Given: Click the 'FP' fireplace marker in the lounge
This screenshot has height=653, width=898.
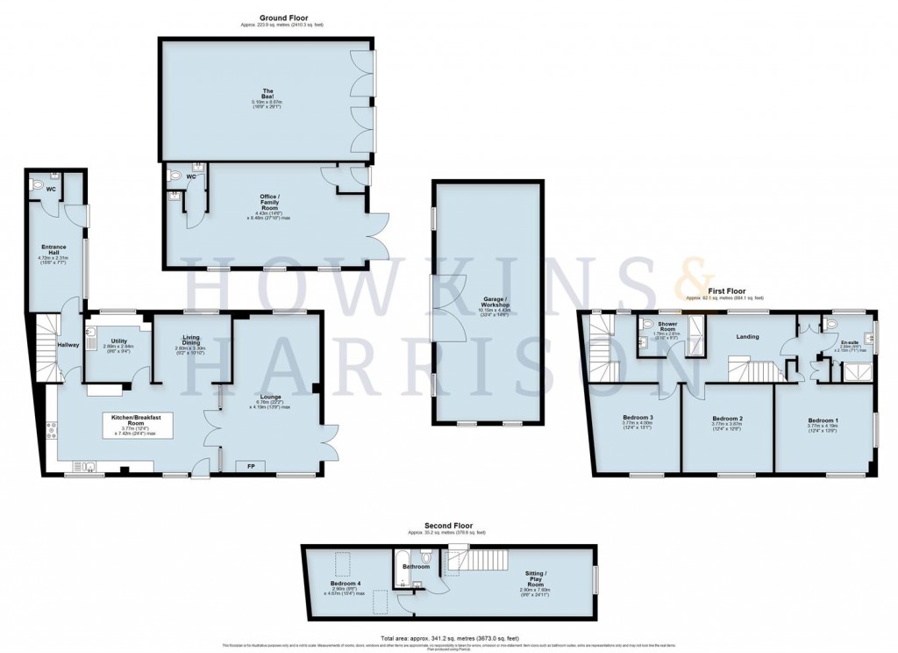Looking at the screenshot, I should pyautogui.click(x=250, y=466).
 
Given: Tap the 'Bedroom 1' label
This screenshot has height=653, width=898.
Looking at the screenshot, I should pyautogui.click(x=823, y=420).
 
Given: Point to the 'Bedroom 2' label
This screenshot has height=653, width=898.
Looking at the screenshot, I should pyautogui.click(x=728, y=418).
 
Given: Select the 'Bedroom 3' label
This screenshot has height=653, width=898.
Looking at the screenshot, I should pyautogui.click(x=638, y=416).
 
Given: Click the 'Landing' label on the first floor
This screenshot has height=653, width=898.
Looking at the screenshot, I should pyautogui.click(x=747, y=335).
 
